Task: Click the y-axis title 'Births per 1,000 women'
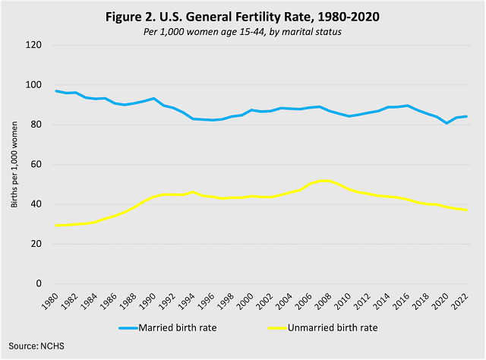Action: (x=14, y=164)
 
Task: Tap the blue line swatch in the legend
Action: (x=135, y=328)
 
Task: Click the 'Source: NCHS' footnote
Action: (x=36, y=346)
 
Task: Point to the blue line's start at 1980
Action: (x=57, y=91)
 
